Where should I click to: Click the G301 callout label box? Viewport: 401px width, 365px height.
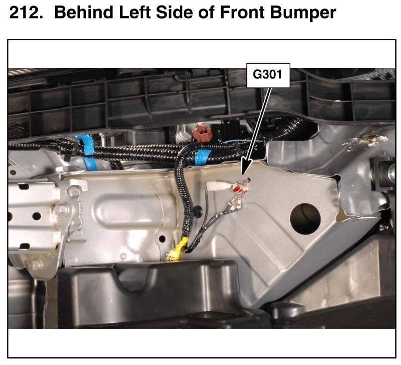coord(268,76)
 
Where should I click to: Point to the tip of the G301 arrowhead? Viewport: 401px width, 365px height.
coord(242,175)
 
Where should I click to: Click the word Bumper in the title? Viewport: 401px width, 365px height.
coord(303,12)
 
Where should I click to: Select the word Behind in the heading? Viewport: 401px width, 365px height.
coord(84,12)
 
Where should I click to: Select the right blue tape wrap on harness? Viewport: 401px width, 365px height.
coord(203,157)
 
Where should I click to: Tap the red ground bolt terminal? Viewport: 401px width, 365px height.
coord(238,188)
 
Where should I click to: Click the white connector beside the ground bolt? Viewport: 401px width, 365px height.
coord(216,186)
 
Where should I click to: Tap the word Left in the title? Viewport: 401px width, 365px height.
coord(135,12)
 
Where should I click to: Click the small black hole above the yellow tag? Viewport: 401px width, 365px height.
coord(162,239)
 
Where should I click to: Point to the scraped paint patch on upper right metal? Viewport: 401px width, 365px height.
coord(368,140)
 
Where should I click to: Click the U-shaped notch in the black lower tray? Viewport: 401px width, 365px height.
coord(133,278)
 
